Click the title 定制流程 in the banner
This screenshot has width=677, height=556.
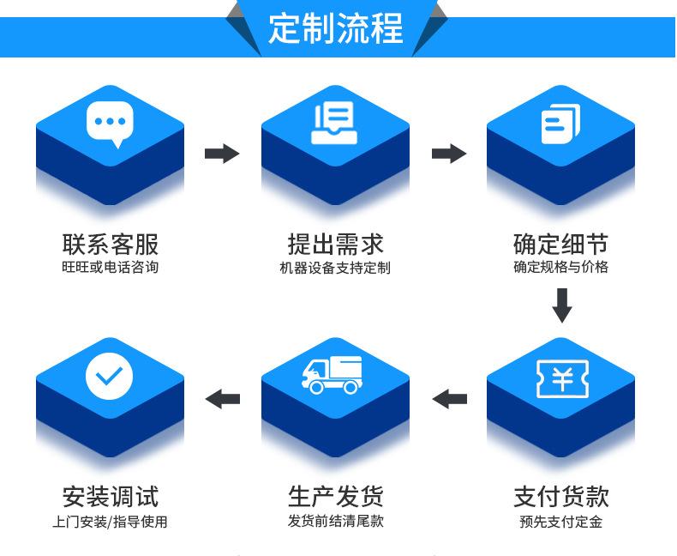[x=335, y=28]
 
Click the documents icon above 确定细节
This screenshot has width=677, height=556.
[x=560, y=123]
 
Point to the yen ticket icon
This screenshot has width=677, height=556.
[x=560, y=376]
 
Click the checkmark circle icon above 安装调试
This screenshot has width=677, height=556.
[x=110, y=375]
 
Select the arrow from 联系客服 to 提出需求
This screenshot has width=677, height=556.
[x=222, y=154]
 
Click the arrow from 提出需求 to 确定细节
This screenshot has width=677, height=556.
[x=448, y=154]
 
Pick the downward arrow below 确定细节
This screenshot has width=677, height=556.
[x=561, y=305]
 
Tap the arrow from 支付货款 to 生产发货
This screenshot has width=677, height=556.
[x=449, y=398]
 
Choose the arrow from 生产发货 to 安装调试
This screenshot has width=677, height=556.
[x=223, y=398]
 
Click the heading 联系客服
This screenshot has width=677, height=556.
[x=110, y=244]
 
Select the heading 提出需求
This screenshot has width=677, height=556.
[x=335, y=244]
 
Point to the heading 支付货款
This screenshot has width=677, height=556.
[x=560, y=496]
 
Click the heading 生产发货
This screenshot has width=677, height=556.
[x=335, y=496]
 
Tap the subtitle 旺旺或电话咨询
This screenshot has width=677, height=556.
[x=110, y=267]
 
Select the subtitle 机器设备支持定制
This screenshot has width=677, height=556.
[x=335, y=268]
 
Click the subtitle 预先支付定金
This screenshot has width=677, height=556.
[x=560, y=521]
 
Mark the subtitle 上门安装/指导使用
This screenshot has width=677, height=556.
[x=110, y=521]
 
